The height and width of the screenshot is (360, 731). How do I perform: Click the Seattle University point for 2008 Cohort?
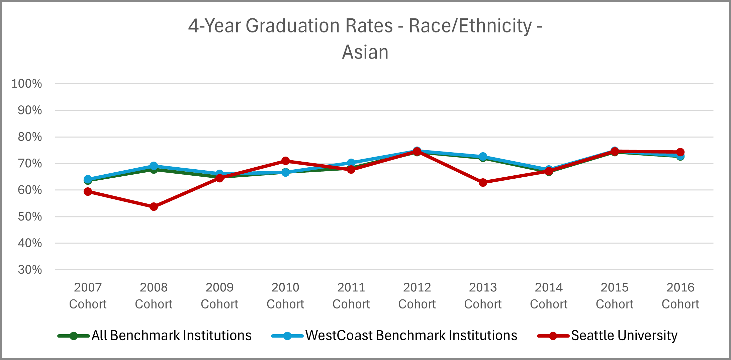click(154, 207)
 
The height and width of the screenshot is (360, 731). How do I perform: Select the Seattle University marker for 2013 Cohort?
click(483, 182)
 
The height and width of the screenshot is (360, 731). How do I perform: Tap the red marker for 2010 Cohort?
click(285, 161)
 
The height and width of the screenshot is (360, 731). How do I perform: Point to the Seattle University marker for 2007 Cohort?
click(88, 192)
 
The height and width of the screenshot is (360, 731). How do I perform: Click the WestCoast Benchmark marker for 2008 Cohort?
click(154, 166)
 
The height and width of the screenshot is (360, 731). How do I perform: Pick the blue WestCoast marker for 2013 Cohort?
click(483, 157)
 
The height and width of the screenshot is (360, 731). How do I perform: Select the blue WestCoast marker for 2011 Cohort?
click(351, 163)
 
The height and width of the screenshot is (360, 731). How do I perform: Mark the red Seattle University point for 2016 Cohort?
click(680, 152)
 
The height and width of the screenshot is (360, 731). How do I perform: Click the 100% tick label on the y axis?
click(27, 84)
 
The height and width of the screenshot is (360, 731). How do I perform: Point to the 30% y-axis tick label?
click(30, 270)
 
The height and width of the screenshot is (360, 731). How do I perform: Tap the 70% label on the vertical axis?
click(30, 164)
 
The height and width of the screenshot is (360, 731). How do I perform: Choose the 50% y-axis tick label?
click(30, 216)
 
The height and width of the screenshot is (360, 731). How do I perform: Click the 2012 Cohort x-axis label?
click(417, 295)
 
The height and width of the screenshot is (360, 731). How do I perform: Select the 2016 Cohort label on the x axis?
click(680, 295)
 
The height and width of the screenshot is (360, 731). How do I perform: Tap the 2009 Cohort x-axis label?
click(219, 295)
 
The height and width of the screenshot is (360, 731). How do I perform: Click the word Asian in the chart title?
click(365, 52)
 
